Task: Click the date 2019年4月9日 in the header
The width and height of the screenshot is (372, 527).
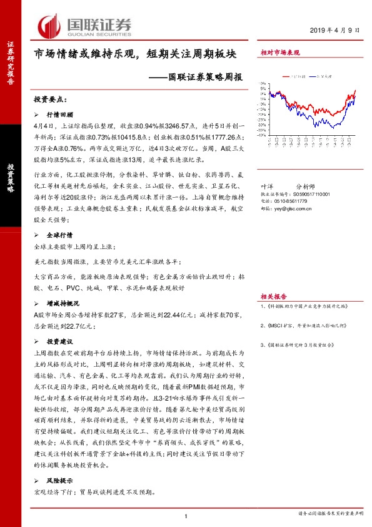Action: pyautogui.click(x=335, y=31)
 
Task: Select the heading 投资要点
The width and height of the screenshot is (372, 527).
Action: pyautogui.click(x=53, y=100)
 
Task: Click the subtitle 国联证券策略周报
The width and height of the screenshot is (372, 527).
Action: pyautogui.click(x=197, y=78)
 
